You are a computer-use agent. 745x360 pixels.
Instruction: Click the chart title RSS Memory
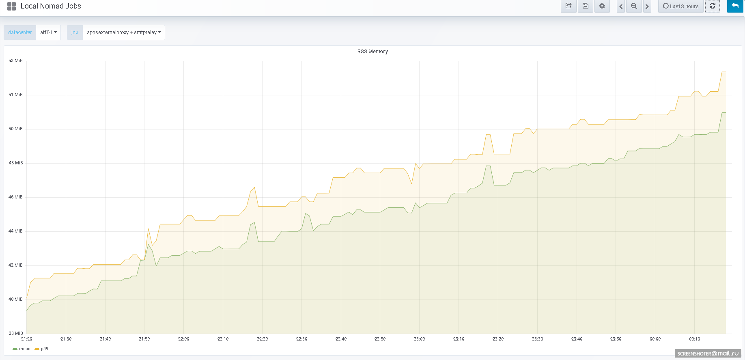point(372,52)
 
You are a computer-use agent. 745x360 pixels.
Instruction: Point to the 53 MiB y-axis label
point(15,61)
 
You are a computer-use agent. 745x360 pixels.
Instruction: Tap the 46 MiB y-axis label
point(15,197)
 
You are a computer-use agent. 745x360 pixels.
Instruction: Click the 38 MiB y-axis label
point(15,334)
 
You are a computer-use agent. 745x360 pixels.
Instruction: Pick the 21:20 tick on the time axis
point(27,339)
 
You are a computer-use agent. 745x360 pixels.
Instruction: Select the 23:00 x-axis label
point(419,339)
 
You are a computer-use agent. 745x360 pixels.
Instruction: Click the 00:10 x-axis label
point(694,339)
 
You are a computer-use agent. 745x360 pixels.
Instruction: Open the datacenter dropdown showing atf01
point(48,32)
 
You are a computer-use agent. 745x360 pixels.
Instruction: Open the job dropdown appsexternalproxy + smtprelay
point(124,32)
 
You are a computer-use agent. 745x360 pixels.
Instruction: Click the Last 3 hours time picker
point(680,6)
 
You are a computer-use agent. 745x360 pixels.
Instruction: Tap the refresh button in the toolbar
point(712,6)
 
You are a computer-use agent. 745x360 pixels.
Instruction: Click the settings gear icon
point(602,6)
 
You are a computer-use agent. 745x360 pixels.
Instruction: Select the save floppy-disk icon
point(585,6)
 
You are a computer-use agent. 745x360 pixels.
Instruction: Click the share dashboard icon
point(568,6)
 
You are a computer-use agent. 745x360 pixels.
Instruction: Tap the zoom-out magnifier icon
point(634,6)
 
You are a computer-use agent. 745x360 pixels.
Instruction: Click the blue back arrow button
point(735,6)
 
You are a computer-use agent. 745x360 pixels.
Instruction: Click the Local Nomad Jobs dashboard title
point(51,6)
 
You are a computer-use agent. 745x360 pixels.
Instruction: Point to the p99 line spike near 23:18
point(488,135)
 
